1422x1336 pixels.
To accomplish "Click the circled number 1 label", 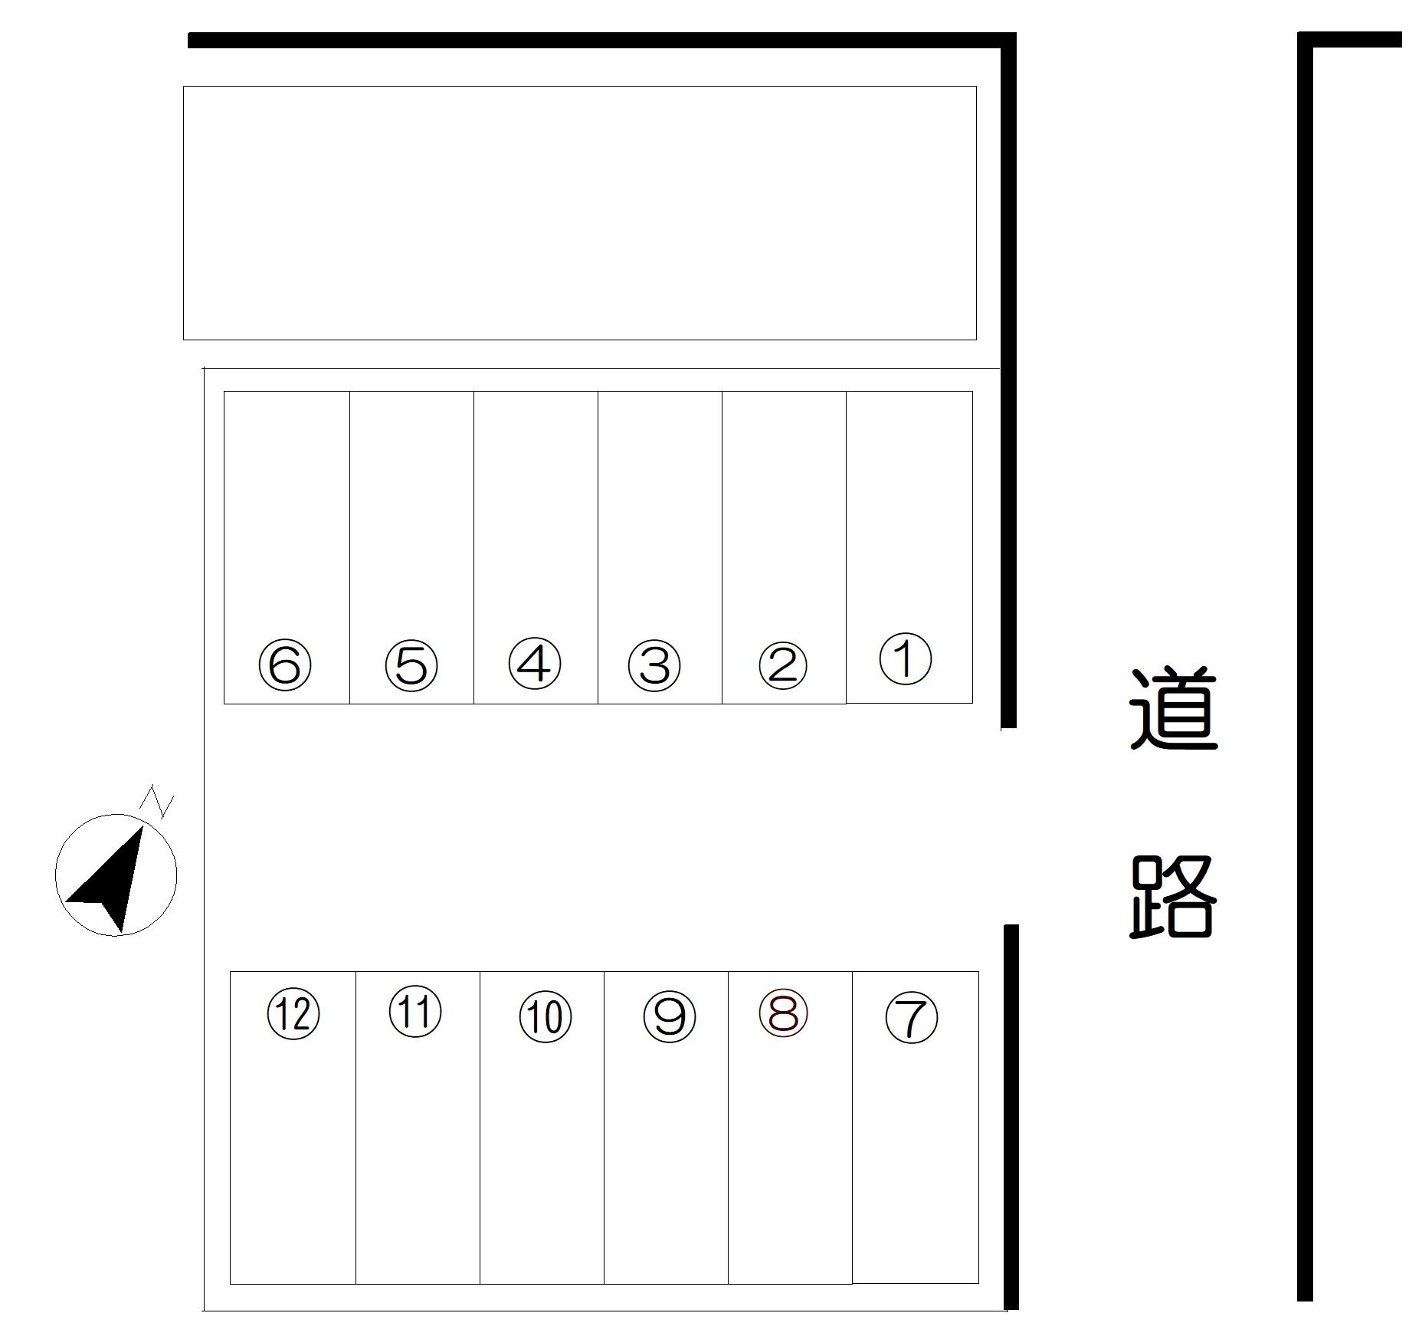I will pos(905,658).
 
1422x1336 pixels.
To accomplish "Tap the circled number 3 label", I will pos(654,665).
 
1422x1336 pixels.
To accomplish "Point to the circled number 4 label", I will pos(534,663).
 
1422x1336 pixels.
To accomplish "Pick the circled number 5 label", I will pos(411,665).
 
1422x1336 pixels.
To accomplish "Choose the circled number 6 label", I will pos(285,665).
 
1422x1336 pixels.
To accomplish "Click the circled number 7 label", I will pos(911,1018).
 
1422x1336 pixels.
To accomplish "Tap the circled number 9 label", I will pos(669,1017).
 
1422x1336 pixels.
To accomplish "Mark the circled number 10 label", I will pos(545,1017).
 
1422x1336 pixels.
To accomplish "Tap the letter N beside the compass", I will pos(157,802).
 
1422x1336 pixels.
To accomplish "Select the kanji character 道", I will pos(1173,709).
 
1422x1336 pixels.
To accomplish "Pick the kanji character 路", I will pos(1173,897).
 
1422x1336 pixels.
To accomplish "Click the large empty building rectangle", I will pos(579,212).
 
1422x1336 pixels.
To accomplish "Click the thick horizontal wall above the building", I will pos(598,40).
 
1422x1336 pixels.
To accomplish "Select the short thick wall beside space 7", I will pos(1011,1119).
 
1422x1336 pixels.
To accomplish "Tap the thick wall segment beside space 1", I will pos(1008,383).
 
